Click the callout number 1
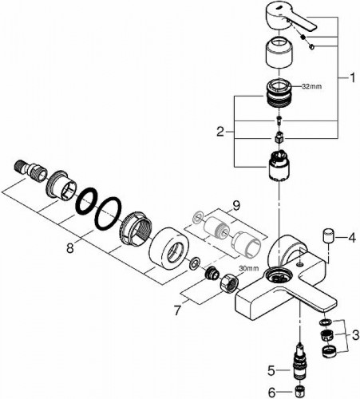tap(351, 78)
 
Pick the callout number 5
tap(271, 369)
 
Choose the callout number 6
tap(271, 391)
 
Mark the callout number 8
tap(70, 248)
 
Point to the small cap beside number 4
tap(326, 237)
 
